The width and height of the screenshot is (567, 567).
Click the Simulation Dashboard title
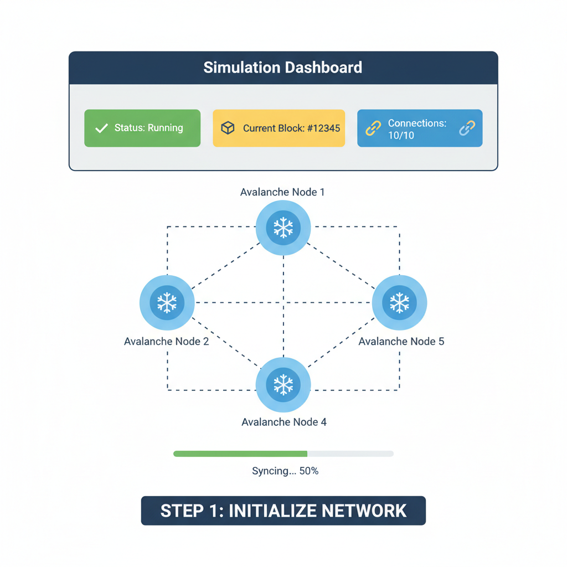282,68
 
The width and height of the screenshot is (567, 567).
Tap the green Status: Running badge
142,128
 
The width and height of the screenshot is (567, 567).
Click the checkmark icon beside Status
101,128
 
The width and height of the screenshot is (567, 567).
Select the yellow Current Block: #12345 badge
279,128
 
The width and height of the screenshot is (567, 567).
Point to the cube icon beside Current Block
228,128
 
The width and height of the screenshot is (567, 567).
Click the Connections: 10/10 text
416,128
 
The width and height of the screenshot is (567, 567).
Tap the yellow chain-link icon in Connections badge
374,128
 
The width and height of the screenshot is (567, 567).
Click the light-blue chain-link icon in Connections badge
467,128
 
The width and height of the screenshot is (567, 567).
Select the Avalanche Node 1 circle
283,228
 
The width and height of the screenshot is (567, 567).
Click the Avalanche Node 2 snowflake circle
167,302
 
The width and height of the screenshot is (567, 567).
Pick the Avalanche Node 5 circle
399,302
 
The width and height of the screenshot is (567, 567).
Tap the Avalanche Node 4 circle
283,384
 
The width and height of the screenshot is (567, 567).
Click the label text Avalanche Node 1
282,192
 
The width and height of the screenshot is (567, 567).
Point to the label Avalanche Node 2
166,341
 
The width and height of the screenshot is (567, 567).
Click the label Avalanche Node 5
401,341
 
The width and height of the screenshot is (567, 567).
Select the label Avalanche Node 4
283,422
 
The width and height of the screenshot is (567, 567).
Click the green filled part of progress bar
240,453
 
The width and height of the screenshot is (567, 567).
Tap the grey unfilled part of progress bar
350,453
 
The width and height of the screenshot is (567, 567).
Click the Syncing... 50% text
285,471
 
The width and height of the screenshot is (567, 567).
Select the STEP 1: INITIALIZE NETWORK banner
283,510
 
